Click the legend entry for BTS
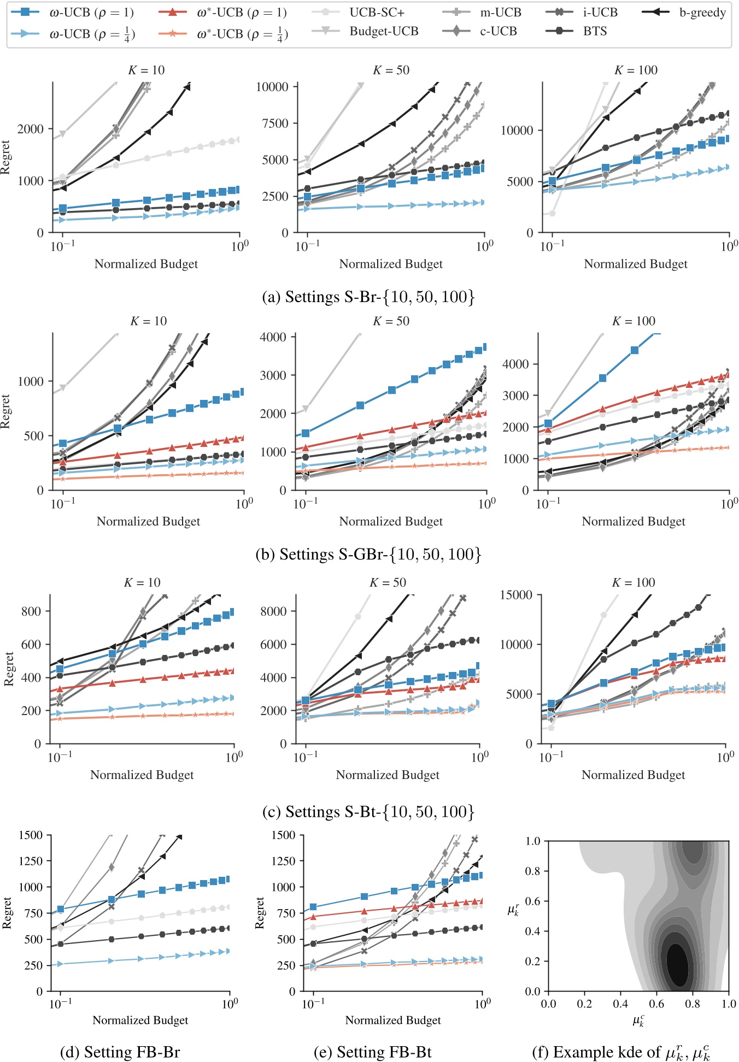pos(595,31)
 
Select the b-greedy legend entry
pos(702,12)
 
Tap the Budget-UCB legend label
pos(384,31)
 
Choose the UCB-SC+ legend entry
pos(377,12)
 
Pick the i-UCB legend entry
pos(600,12)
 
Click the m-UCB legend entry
pos(501,12)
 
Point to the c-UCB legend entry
pos(498,31)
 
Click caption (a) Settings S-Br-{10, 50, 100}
pos(368,297)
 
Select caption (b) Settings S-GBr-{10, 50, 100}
pos(368,554)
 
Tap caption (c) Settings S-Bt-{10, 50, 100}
pos(368,811)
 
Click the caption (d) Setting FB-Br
pos(120,1052)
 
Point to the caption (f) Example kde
pos(621,1052)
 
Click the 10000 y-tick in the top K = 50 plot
pos(272,86)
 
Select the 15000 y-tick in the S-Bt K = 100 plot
pos(516,594)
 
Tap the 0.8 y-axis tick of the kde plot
pos(533,870)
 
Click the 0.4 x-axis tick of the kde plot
pos(620,1004)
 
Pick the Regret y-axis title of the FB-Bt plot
pos(260,912)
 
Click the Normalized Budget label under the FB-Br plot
pos(140,1020)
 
